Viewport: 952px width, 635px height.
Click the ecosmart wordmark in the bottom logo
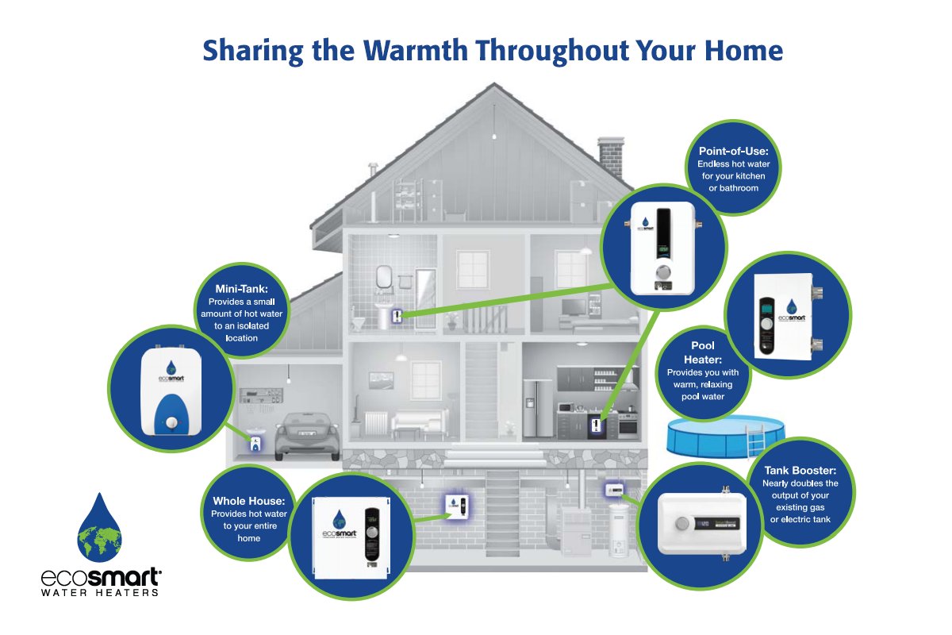point(100,576)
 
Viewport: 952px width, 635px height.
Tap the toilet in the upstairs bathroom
point(359,320)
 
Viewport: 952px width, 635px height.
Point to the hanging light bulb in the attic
point(494,137)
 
